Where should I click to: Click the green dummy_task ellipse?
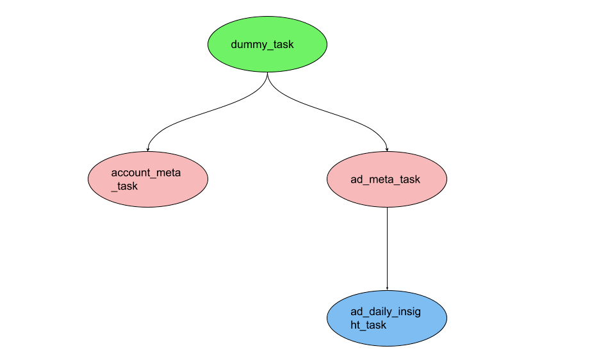click(x=267, y=45)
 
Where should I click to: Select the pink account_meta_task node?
click(x=147, y=179)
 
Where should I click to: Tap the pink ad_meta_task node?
click(x=386, y=179)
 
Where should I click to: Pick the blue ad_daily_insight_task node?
click(x=386, y=318)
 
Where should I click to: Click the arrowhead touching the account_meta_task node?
click(x=148, y=149)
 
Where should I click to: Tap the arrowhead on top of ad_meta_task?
click(x=387, y=149)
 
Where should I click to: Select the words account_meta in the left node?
click(x=142, y=173)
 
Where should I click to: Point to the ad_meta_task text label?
click(x=385, y=179)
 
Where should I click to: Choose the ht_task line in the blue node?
click(x=368, y=325)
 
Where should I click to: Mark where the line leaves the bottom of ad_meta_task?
click(x=387, y=208)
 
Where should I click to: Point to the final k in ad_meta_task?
click(x=418, y=179)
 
